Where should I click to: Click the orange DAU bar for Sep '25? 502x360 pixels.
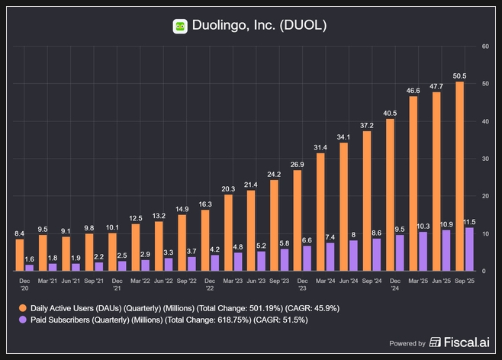point(459,175)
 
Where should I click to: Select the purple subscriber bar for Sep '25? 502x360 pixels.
point(469,249)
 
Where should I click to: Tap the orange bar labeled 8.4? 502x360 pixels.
point(20,255)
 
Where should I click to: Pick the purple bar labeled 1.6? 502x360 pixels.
point(30,267)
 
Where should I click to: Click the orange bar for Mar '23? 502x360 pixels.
point(228,233)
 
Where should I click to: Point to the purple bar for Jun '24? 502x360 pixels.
point(353,256)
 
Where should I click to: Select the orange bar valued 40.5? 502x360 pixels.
point(390,194)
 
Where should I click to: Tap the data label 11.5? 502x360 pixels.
point(471,221)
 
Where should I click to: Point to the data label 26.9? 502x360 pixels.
point(298,164)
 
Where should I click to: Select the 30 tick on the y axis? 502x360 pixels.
point(485,159)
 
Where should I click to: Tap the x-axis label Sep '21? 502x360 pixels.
point(94,281)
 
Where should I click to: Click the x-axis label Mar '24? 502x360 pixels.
point(326,281)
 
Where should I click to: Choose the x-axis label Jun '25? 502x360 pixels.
point(440,281)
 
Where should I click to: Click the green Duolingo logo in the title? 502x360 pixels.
point(180,26)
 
